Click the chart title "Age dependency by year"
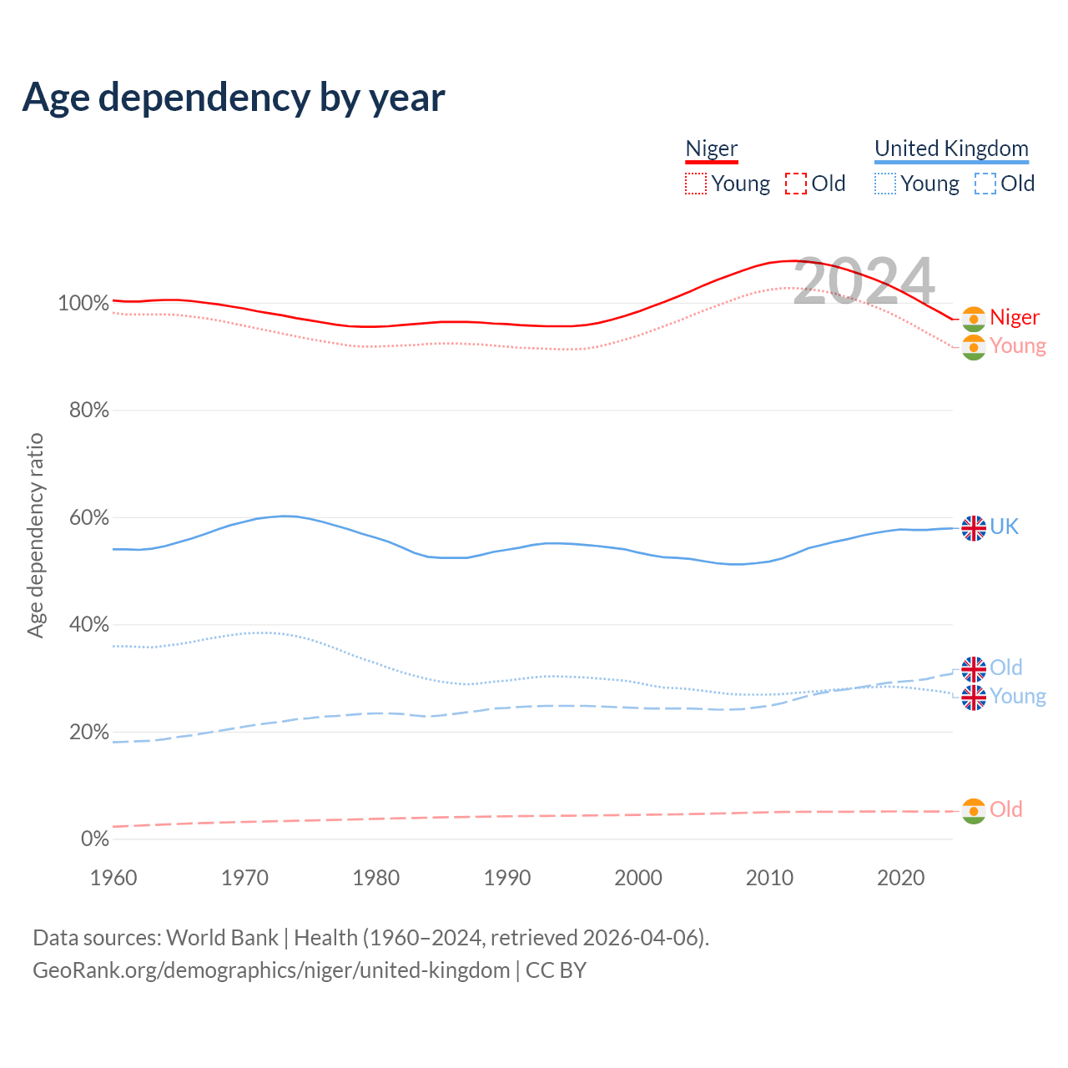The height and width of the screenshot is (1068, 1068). (x=234, y=98)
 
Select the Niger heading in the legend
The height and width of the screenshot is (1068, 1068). (x=712, y=149)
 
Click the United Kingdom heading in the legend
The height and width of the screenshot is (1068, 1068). (x=951, y=149)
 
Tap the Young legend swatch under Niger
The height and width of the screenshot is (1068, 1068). (x=696, y=184)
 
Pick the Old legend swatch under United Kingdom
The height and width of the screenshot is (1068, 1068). (x=985, y=184)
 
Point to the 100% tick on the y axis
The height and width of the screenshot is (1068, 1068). (x=83, y=303)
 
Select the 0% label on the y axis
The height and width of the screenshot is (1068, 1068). (x=95, y=839)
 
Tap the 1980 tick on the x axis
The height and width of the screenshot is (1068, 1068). (x=376, y=878)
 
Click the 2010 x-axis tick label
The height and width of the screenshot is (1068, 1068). (x=769, y=878)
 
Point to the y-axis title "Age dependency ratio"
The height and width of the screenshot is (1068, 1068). (x=35, y=535)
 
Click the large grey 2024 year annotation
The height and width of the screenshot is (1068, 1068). (x=864, y=282)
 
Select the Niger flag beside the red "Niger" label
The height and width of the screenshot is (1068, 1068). (x=974, y=319)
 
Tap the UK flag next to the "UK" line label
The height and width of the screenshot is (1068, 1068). (x=974, y=527)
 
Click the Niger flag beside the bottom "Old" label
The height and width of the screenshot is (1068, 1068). (x=974, y=811)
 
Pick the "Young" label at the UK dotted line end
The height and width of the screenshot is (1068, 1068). (x=1018, y=696)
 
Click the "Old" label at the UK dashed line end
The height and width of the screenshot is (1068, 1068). (x=1006, y=667)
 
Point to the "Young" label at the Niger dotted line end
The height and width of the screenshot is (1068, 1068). (x=1018, y=345)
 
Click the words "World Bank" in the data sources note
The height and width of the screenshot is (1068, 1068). (x=222, y=938)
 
